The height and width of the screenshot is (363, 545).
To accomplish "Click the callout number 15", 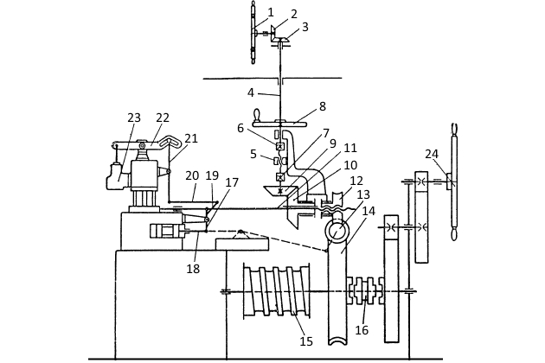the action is point(306,341).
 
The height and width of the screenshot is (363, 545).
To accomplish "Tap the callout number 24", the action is point(432,154).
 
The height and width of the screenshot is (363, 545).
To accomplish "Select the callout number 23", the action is point(134,118).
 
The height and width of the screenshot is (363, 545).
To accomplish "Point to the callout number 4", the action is point(251,92).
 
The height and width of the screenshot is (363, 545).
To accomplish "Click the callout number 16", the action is point(362,329).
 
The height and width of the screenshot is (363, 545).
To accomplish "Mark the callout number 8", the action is point(323,106).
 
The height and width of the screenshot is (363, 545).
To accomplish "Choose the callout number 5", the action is point(253,154).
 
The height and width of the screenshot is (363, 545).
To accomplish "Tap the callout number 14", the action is point(369,211).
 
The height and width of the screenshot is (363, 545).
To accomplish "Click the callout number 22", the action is point(163,118).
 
